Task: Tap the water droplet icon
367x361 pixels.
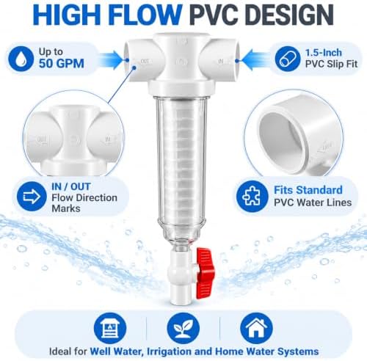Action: click(x=21, y=59)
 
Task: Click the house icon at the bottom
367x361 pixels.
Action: click(x=256, y=329)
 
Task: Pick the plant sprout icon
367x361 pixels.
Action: click(x=183, y=329)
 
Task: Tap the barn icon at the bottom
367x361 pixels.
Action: click(x=110, y=329)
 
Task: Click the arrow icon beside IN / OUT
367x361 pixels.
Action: click(x=32, y=197)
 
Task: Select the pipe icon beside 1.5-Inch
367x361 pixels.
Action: click(x=287, y=59)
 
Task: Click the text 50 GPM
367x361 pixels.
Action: click(x=62, y=64)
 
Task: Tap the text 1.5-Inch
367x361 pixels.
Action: click(x=323, y=53)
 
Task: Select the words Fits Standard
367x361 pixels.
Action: click(x=308, y=190)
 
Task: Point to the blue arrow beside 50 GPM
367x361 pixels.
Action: click(x=111, y=60)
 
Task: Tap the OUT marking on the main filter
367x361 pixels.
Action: click(x=145, y=61)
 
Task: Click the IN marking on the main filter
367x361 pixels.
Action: click(x=221, y=61)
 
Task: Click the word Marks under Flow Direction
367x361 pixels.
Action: click(x=66, y=208)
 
